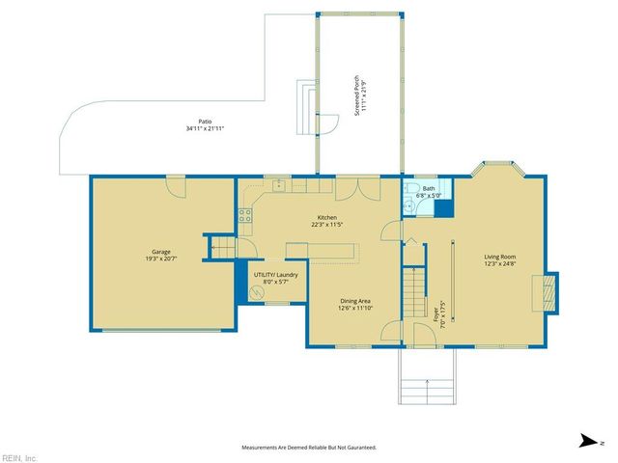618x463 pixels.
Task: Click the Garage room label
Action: (x=161, y=255)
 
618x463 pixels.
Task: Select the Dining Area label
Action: (x=355, y=306)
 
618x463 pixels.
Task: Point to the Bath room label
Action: (x=428, y=192)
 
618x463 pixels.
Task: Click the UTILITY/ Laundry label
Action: (x=275, y=278)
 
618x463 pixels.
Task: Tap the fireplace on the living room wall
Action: (x=548, y=292)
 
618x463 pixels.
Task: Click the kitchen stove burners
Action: (x=245, y=216)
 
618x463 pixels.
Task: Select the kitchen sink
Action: (x=278, y=183)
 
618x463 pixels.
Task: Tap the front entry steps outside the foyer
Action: (x=425, y=379)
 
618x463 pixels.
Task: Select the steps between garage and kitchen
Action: (x=223, y=249)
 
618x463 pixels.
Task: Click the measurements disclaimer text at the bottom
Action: (x=308, y=448)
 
